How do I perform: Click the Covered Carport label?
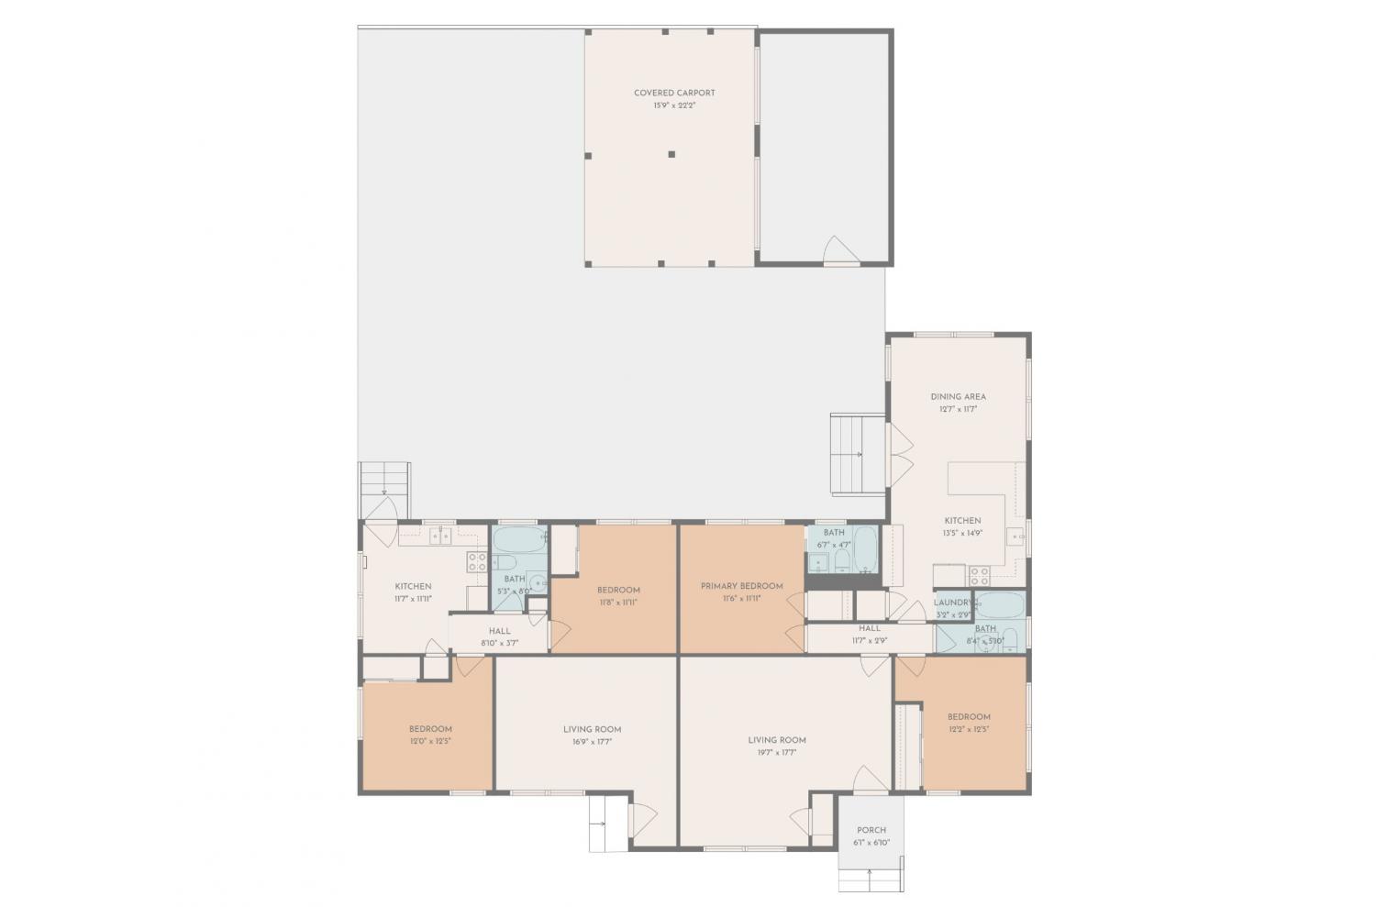674,93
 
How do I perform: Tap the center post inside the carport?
671,154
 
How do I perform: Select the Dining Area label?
958,397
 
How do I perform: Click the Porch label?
871,830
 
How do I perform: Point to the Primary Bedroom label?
741,586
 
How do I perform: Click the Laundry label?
952,603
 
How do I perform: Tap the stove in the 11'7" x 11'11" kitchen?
476,562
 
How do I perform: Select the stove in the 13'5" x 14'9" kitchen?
979,575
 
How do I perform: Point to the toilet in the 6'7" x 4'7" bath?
842,559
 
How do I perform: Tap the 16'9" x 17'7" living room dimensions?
592,742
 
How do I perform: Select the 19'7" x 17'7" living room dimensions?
776,752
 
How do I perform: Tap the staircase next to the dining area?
858,454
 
